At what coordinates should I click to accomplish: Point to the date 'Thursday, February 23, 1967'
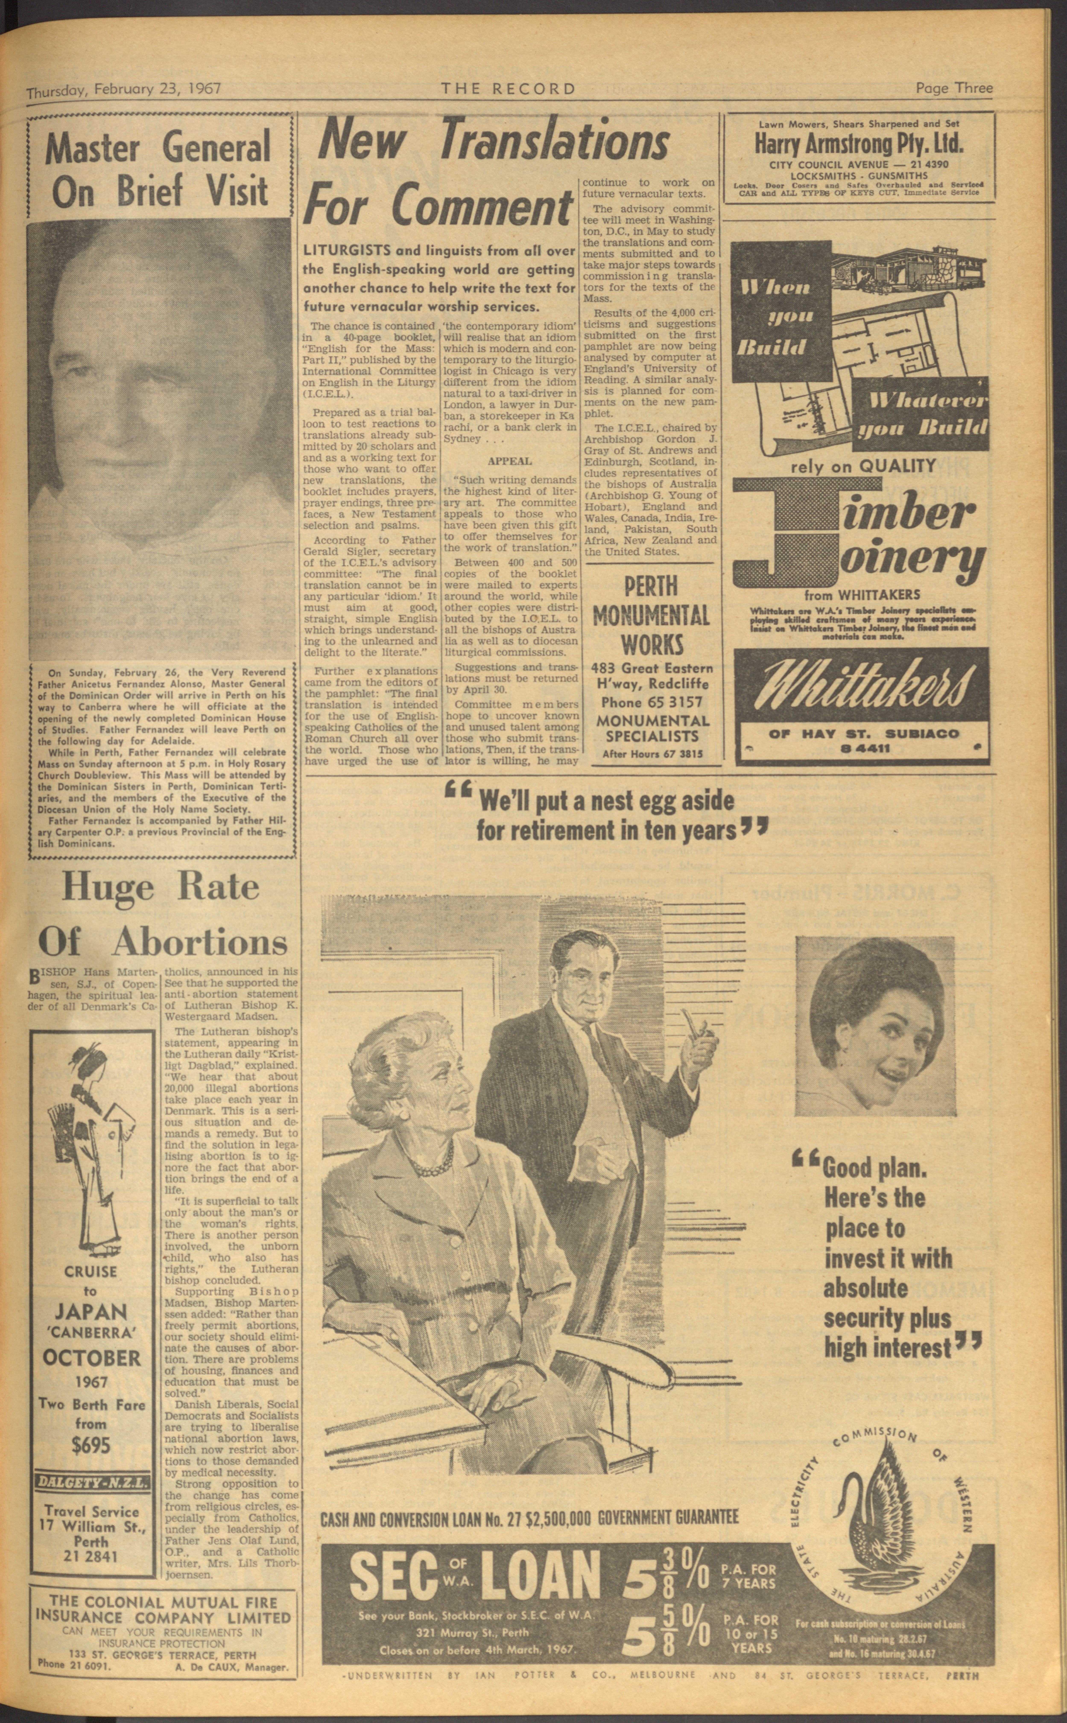124,90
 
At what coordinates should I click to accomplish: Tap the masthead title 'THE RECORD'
508,89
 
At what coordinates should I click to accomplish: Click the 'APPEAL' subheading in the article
510,460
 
